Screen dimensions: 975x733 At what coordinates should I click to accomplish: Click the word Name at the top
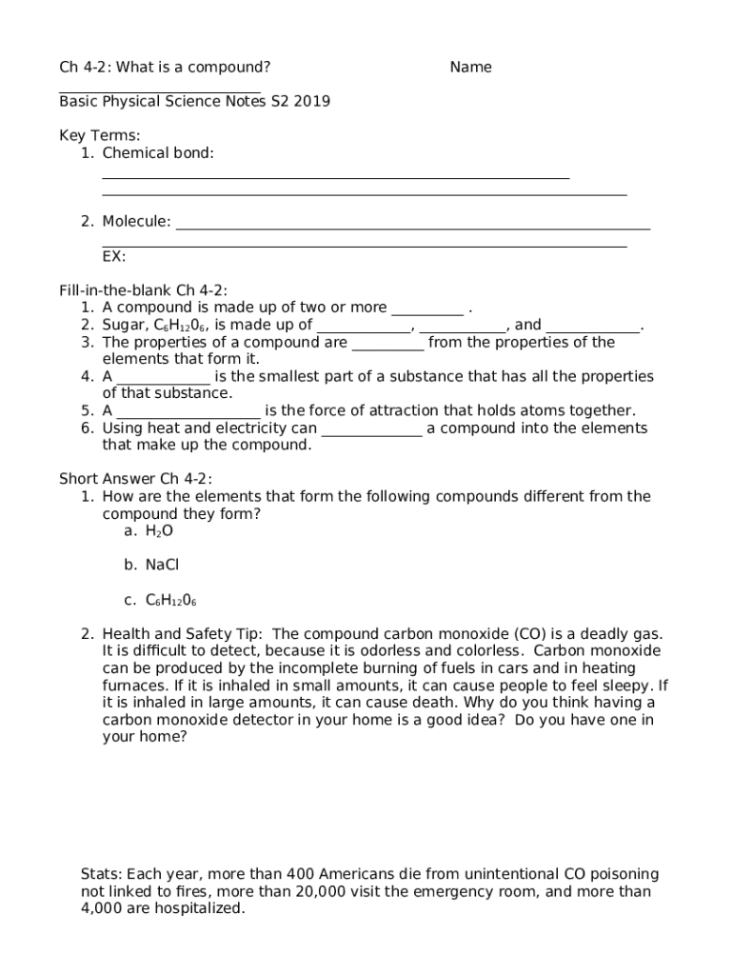pyautogui.click(x=470, y=67)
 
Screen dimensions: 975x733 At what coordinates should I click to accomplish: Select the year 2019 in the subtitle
pyautogui.click(x=312, y=101)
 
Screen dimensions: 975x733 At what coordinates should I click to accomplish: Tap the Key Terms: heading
pyautogui.click(x=99, y=135)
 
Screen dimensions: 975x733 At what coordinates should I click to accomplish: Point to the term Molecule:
pyautogui.click(x=137, y=222)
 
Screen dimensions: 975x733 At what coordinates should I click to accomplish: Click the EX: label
pyautogui.click(x=113, y=256)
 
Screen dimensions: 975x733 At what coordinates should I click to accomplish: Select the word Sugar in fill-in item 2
pyautogui.click(x=122, y=325)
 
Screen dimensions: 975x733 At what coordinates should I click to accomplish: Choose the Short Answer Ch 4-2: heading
pyautogui.click(x=135, y=478)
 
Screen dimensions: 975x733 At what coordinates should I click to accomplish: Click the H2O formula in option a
pyautogui.click(x=159, y=530)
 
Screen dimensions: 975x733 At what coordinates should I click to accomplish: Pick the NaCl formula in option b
pyautogui.click(x=162, y=565)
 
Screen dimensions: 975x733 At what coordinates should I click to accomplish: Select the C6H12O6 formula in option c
pyautogui.click(x=170, y=600)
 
